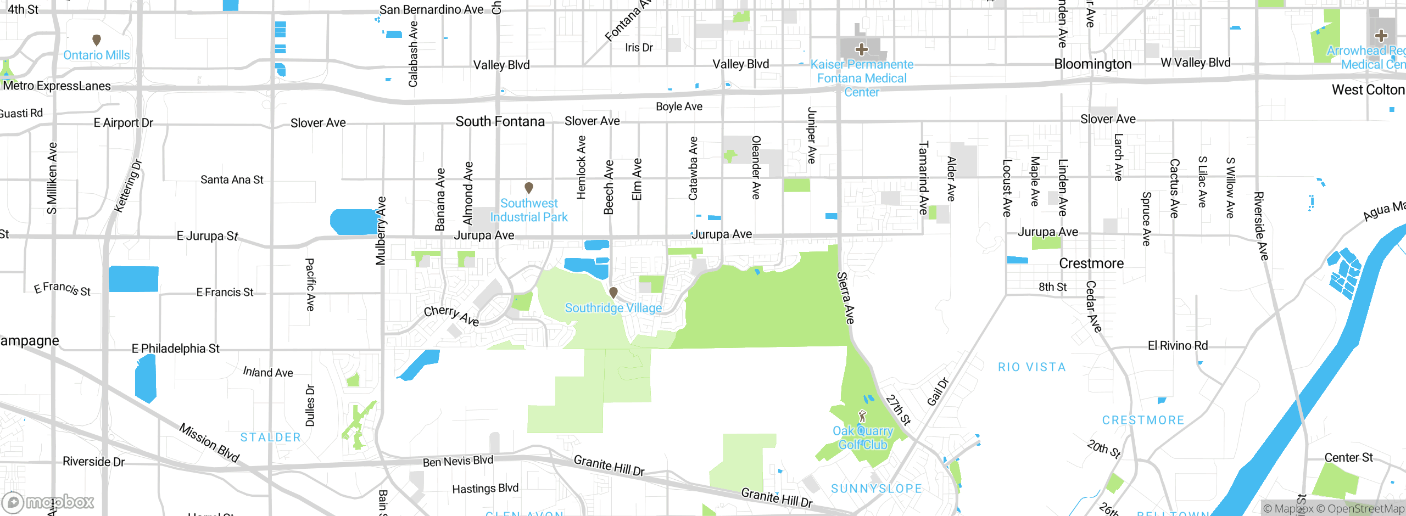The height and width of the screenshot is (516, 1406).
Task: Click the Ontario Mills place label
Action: point(97,55)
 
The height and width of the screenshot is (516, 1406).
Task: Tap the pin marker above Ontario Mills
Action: point(97,40)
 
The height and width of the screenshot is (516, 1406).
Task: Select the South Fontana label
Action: point(500,121)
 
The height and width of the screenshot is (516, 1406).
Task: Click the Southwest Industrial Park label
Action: point(529,210)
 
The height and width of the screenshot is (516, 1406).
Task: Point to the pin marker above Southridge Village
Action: point(613,293)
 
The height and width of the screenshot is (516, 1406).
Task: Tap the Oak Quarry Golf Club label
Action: point(863,438)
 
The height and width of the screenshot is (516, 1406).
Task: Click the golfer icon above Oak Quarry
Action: point(863,417)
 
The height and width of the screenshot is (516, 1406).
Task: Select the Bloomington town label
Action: point(1093,64)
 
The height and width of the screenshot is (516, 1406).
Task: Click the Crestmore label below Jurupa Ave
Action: point(1091,263)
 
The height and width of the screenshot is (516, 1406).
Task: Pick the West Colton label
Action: point(1368,90)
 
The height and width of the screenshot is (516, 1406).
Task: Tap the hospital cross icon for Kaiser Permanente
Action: point(862,49)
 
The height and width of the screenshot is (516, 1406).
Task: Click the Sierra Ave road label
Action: point(846,298)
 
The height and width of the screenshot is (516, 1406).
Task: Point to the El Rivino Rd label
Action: point(1178,346)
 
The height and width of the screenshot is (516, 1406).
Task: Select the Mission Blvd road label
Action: point(209,442)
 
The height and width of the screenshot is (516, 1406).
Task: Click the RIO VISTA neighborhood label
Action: point(1032,367)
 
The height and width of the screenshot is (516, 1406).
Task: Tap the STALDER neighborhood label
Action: point(271,438)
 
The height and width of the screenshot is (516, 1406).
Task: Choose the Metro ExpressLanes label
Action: point(57,86)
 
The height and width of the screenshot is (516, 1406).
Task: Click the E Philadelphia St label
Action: point(176,349)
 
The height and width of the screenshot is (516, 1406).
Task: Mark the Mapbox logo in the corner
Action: point(48,502)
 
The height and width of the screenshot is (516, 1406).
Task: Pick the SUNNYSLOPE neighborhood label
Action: point(877,489)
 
